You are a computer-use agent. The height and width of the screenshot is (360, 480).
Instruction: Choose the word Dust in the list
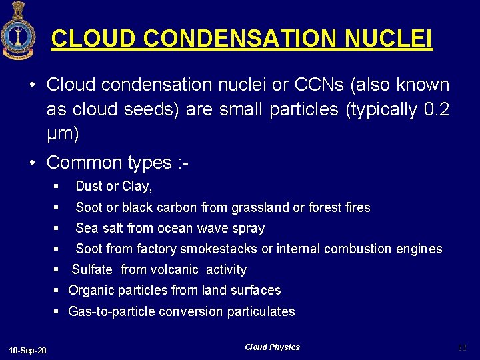tap(89, 187)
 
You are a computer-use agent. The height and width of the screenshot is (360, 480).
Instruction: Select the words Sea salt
tap(99, 228)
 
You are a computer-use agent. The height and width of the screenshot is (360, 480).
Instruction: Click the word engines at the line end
tap(417, 249)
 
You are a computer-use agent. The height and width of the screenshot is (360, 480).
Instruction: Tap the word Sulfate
tap(93, 269)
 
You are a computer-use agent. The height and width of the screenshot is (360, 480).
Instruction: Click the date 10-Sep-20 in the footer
tap(27, 351)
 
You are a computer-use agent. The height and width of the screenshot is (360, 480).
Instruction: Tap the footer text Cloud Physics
tap(272, 347)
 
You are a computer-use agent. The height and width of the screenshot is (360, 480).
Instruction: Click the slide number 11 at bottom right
tap(463, 347)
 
